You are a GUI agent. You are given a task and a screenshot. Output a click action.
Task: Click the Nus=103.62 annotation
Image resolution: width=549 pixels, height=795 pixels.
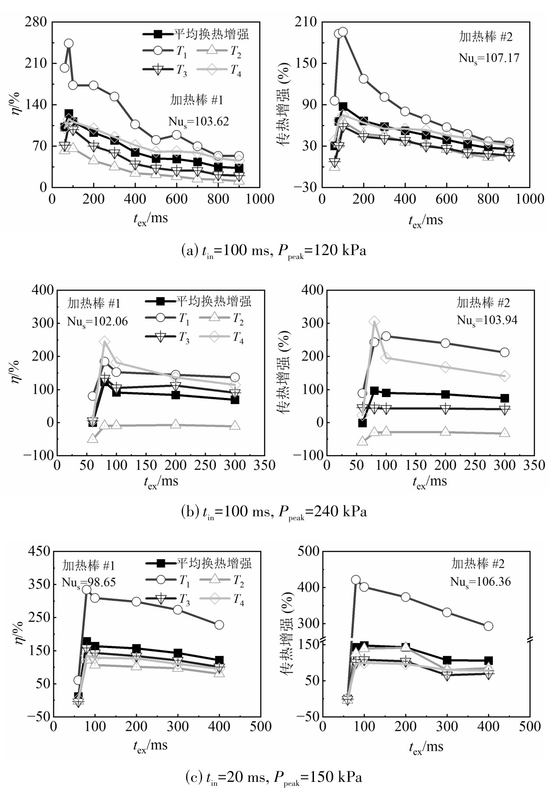198,121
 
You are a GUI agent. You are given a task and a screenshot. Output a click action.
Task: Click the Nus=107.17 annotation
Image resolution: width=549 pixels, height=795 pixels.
489,57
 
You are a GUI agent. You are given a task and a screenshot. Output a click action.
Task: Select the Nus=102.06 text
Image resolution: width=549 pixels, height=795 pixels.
97,321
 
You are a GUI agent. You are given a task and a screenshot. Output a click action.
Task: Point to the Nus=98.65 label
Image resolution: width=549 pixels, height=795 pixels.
89,582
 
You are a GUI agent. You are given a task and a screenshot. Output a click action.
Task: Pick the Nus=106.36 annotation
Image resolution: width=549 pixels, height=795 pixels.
480,582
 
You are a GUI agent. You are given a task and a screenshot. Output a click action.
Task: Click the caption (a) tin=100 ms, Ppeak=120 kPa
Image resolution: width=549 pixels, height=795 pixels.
274,251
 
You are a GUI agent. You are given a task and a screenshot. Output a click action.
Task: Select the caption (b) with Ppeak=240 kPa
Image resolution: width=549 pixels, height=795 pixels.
274,511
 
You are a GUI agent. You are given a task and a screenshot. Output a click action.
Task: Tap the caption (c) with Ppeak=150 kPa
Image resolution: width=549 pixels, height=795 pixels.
274,777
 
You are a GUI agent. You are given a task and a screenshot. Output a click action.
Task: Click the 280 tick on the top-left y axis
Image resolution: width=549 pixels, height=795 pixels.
37,22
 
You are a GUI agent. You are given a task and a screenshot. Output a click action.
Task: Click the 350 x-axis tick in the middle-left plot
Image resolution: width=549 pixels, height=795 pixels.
264,465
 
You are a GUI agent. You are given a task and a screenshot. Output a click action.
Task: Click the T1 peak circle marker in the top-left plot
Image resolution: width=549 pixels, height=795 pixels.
69,43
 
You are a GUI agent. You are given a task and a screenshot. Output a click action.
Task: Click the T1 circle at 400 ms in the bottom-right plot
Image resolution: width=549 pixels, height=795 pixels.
488,626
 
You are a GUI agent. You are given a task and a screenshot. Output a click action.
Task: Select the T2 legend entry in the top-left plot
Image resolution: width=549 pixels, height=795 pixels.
224,51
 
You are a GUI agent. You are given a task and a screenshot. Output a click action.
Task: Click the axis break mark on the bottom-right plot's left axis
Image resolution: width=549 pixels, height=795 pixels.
322,641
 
